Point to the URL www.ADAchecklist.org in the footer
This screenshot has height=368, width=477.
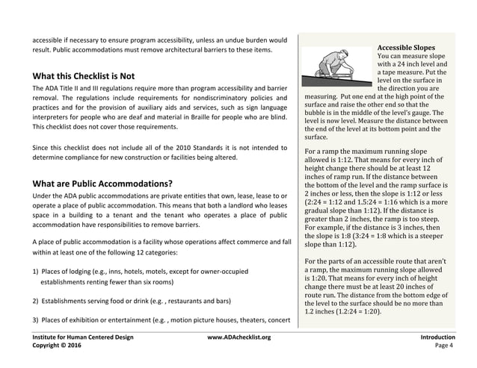(238, 337)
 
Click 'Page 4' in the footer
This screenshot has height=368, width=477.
(444, 346)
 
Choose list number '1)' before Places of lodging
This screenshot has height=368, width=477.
(36, 272)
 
